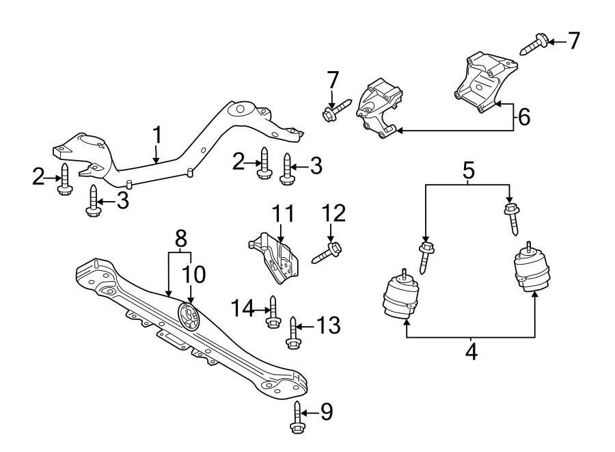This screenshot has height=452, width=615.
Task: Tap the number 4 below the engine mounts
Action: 471,353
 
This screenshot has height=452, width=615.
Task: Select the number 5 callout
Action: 468,170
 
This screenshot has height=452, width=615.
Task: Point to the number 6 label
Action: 523,117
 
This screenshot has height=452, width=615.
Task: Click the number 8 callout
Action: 180,239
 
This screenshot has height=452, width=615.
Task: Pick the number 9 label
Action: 326,412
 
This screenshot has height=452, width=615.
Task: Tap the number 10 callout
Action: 193,274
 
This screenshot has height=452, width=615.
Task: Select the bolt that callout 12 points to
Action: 327,252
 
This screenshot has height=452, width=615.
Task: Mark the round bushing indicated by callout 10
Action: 188,317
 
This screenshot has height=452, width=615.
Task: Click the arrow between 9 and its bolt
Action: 310,412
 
